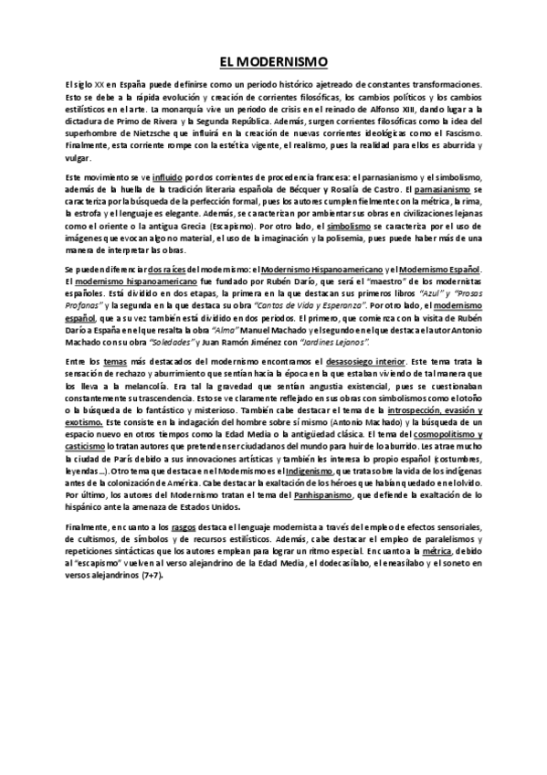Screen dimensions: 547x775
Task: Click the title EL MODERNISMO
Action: [273, 61]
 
